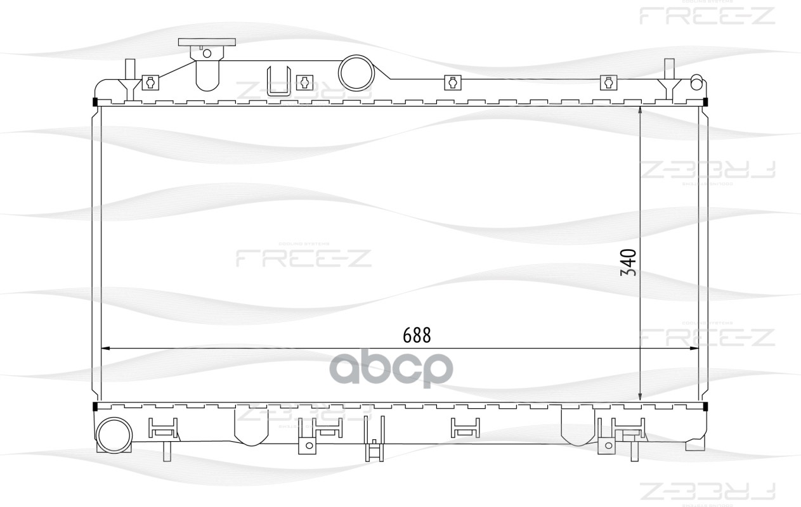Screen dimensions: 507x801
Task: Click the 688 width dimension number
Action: (x=417, y=335)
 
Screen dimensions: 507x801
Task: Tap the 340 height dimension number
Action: (x=628, y=262)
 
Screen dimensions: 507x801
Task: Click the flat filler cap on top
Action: (x=207, y=42)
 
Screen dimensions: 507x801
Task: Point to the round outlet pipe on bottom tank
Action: (x=114, y=436)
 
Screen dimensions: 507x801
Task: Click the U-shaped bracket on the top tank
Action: (x=279, y=81)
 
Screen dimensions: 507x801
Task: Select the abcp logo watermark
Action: (x=391, y=369)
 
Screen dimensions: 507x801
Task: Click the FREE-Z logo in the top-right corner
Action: (x=707, y=15)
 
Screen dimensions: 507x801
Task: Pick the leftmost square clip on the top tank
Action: (x=150, y=82)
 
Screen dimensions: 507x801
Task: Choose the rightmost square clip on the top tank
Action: (x=609, y=82)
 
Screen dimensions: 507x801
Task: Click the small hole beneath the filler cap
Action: (x=206, y=53)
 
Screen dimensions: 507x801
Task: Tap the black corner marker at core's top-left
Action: (x=95, y=103)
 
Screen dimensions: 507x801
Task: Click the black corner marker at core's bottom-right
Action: (x=706, y=406)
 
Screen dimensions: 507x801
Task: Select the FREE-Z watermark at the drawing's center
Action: (x=304, y=257)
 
